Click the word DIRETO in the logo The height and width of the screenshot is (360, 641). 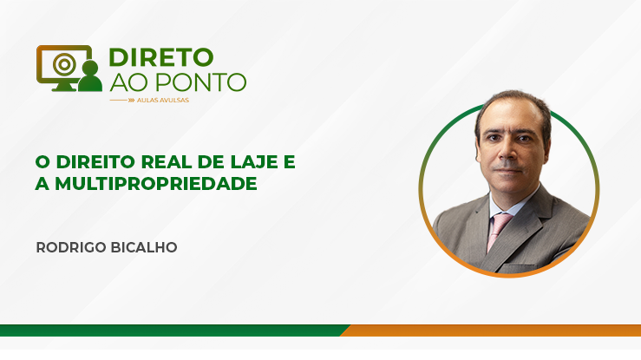point(161,57)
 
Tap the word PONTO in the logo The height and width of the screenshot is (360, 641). point(200,82)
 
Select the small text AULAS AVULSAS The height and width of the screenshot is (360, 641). point(163,100)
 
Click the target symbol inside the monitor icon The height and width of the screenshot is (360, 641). point(64,63)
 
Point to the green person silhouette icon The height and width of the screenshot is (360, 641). point(90,76)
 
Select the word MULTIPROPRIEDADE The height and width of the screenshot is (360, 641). point(156,184)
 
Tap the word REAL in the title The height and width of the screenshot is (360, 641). point(167,162)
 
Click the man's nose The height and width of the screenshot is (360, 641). point(507,154)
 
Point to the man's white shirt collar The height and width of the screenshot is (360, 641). point(513,205)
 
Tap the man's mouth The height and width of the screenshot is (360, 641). point(507,170)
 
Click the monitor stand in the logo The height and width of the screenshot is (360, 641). point(64,87)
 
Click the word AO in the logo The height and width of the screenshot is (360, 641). point(129,82)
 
